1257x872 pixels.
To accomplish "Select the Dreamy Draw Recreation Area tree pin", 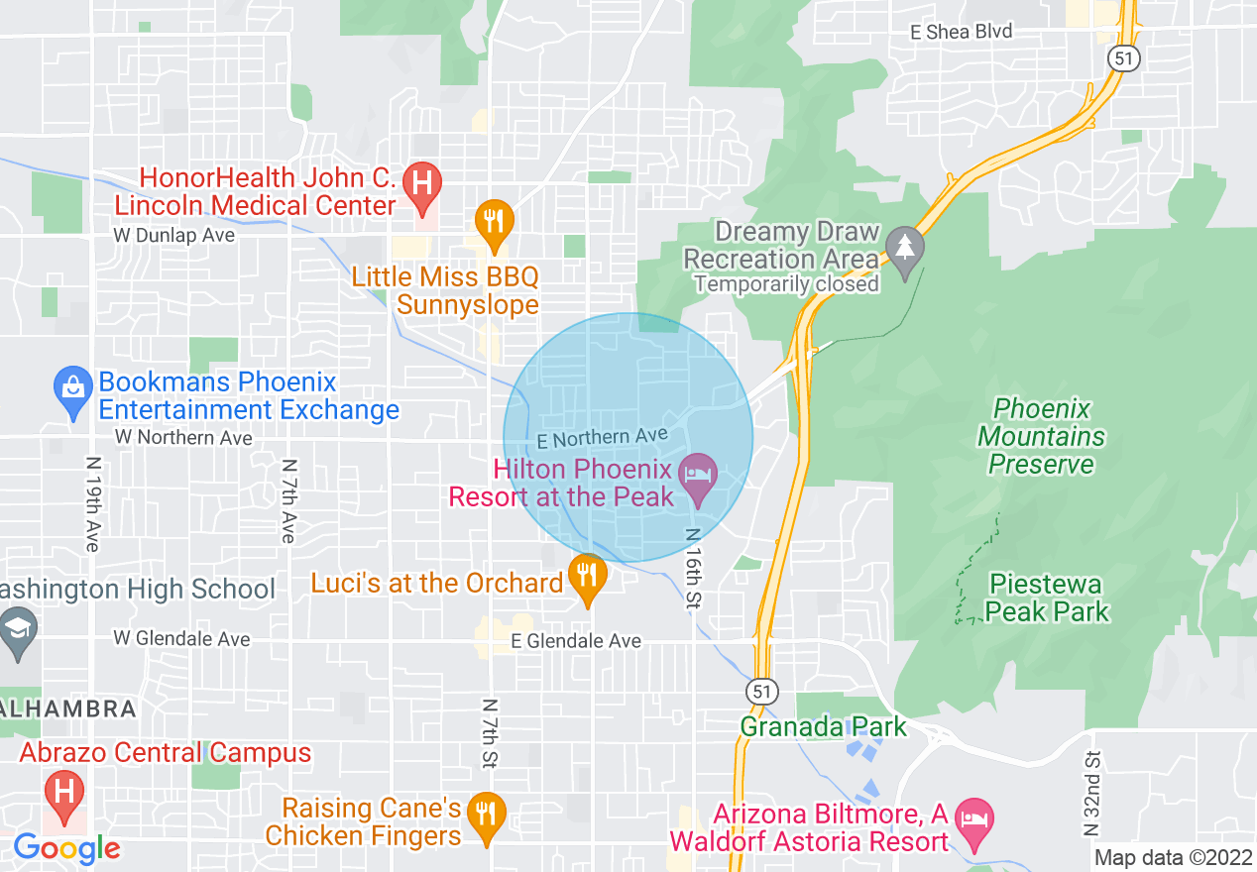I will (x=903, y=248).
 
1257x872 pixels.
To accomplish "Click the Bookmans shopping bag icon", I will (x=72, y=387).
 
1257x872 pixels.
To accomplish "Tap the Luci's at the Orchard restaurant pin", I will (x=587, y=576).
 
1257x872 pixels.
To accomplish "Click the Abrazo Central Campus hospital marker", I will (x=64, y=794).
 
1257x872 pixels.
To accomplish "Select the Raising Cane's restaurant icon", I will (x=485, y=816).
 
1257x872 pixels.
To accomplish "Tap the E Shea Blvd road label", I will (x=962, y=32).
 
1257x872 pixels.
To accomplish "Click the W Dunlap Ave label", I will (x=173, y=236).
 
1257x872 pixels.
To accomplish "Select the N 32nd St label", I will (x=1092, y=793).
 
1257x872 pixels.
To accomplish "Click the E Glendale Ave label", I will (x=576, y=641).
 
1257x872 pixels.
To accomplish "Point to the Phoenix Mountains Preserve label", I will (x=1041, y=436).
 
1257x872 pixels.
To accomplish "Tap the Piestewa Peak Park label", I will (x=1047, y=598).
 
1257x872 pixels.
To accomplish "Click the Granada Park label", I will (x=823, y=726).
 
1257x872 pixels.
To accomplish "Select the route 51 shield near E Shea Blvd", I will (x=1124, y=58).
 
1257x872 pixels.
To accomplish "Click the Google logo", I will (x=66, y=848).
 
